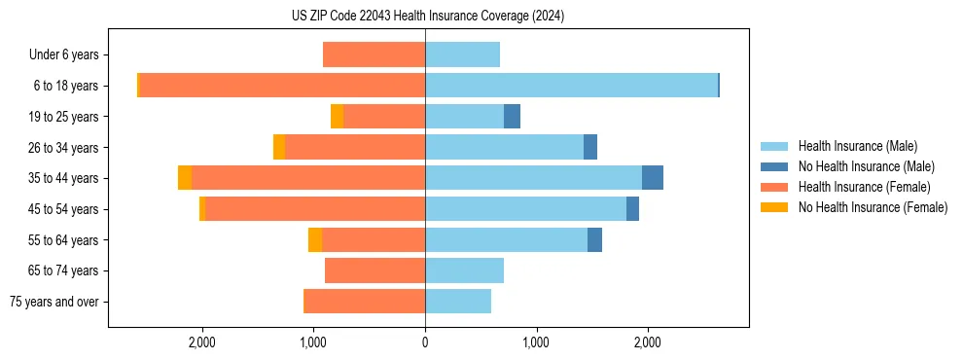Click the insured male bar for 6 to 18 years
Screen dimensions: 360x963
pyautogui.click(x=571, y=86)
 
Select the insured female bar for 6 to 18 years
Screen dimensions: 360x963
pyautogui.click(x=282, y=86)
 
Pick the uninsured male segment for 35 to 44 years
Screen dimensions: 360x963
pyautogui.click(x=653, y=178)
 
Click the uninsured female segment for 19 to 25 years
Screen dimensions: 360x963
pyautogui.click(x=337, y=117)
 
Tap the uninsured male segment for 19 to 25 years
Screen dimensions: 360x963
pyautogui.click(x=512, y=117)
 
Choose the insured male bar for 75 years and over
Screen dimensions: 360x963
pyautogui.click(x=458, y=302)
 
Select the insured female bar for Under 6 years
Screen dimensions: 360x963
pyautogui.click(x=374, y=54)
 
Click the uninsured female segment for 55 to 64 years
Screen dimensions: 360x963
pyautogui.click(x=315, y=239)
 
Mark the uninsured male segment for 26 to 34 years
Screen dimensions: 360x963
pyautogui.click(x=590, y=147)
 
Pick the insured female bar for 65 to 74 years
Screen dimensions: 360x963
pyautogui.click(x=374, y=270)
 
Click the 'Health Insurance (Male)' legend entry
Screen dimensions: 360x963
pyautogui.click(x=856, y=146)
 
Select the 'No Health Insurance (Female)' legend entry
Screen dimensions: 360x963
pyautogui.click(x=872, y=207)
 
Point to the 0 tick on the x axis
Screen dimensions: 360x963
pyautogui.click(x=425, y=342)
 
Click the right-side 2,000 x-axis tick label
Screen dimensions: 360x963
pyautogui.click(x=648, y=342)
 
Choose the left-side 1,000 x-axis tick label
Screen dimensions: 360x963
pyautogui.click(x=313, y=342)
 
